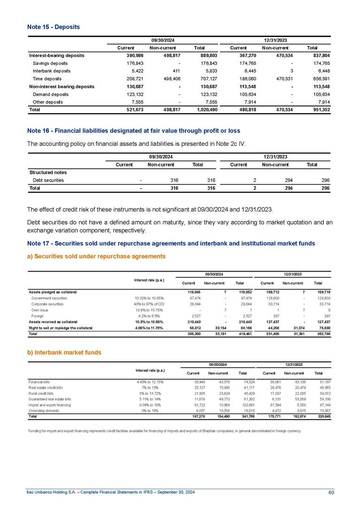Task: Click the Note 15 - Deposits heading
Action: (53, 27)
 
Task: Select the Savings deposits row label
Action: (51, 63)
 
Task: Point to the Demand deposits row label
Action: (51, 94)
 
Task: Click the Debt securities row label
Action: (48, 180)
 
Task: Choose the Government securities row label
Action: (49, 298)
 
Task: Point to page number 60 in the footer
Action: (331, 493)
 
